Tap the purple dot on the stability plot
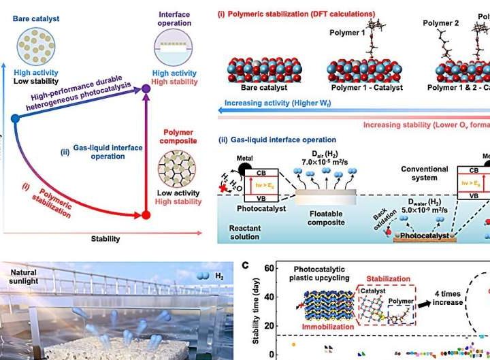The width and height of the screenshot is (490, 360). click(145, 88)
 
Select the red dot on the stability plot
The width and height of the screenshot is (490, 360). click(145, 216)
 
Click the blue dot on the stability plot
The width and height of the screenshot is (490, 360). click(14, 118)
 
